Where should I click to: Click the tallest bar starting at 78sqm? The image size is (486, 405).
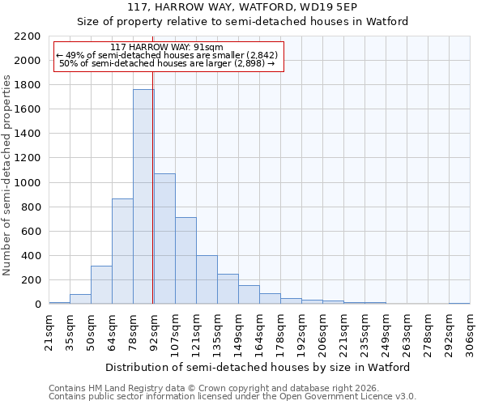(143, 197)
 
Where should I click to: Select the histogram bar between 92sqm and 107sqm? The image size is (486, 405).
(164, 239)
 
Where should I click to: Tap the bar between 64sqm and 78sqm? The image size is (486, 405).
(122, 251)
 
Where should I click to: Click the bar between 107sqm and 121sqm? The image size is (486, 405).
(185, 260)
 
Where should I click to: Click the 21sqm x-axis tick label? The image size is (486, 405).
(49, 330)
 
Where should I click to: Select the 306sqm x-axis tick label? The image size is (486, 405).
(470, 330)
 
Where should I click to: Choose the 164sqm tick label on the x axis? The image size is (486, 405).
(259, 330)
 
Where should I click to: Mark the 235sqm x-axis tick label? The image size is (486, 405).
(364, 330)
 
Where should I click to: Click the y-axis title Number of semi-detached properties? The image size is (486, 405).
(8, 175)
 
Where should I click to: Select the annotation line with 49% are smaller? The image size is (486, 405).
(168, 55)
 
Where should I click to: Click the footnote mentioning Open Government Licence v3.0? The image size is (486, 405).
(232, 397)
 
